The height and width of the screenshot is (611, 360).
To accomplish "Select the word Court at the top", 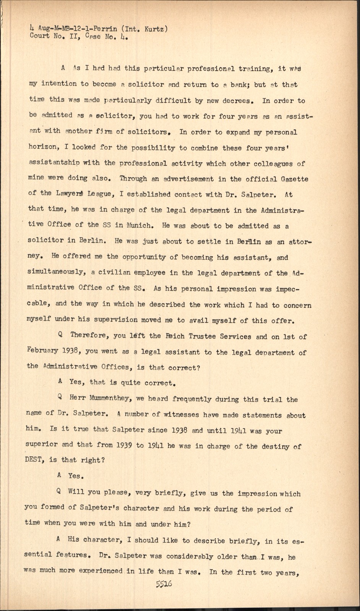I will (x=39, y=36).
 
